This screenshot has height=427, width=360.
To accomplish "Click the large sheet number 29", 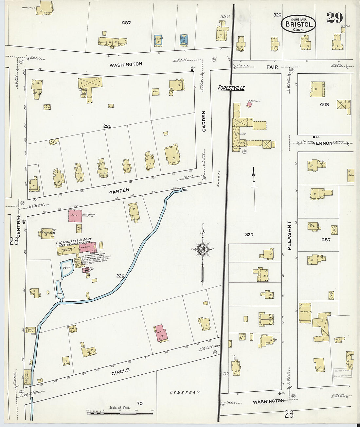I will click(334, 18).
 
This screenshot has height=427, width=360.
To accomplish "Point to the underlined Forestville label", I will click(231, 88).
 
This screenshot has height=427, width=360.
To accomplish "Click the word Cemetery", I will click(185, 392).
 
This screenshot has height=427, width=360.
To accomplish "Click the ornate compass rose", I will click(203, 250).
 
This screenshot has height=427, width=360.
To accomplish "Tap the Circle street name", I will click(120, 372).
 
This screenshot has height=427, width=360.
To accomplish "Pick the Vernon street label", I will click(322, 143).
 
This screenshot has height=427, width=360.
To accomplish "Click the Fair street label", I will click(272, 67).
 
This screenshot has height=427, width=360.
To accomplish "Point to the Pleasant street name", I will click(289, 236).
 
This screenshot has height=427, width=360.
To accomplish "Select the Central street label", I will click(18, 226).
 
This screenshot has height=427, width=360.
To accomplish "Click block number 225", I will click(107, 126).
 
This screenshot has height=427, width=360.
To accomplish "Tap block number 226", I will click(120, 276).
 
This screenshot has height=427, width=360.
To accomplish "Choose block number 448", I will click(324, 105).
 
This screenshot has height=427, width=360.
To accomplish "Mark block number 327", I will click(249, 234).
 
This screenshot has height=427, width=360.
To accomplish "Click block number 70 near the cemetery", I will click(140, 403).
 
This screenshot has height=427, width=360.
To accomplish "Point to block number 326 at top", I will click(277, 15).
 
